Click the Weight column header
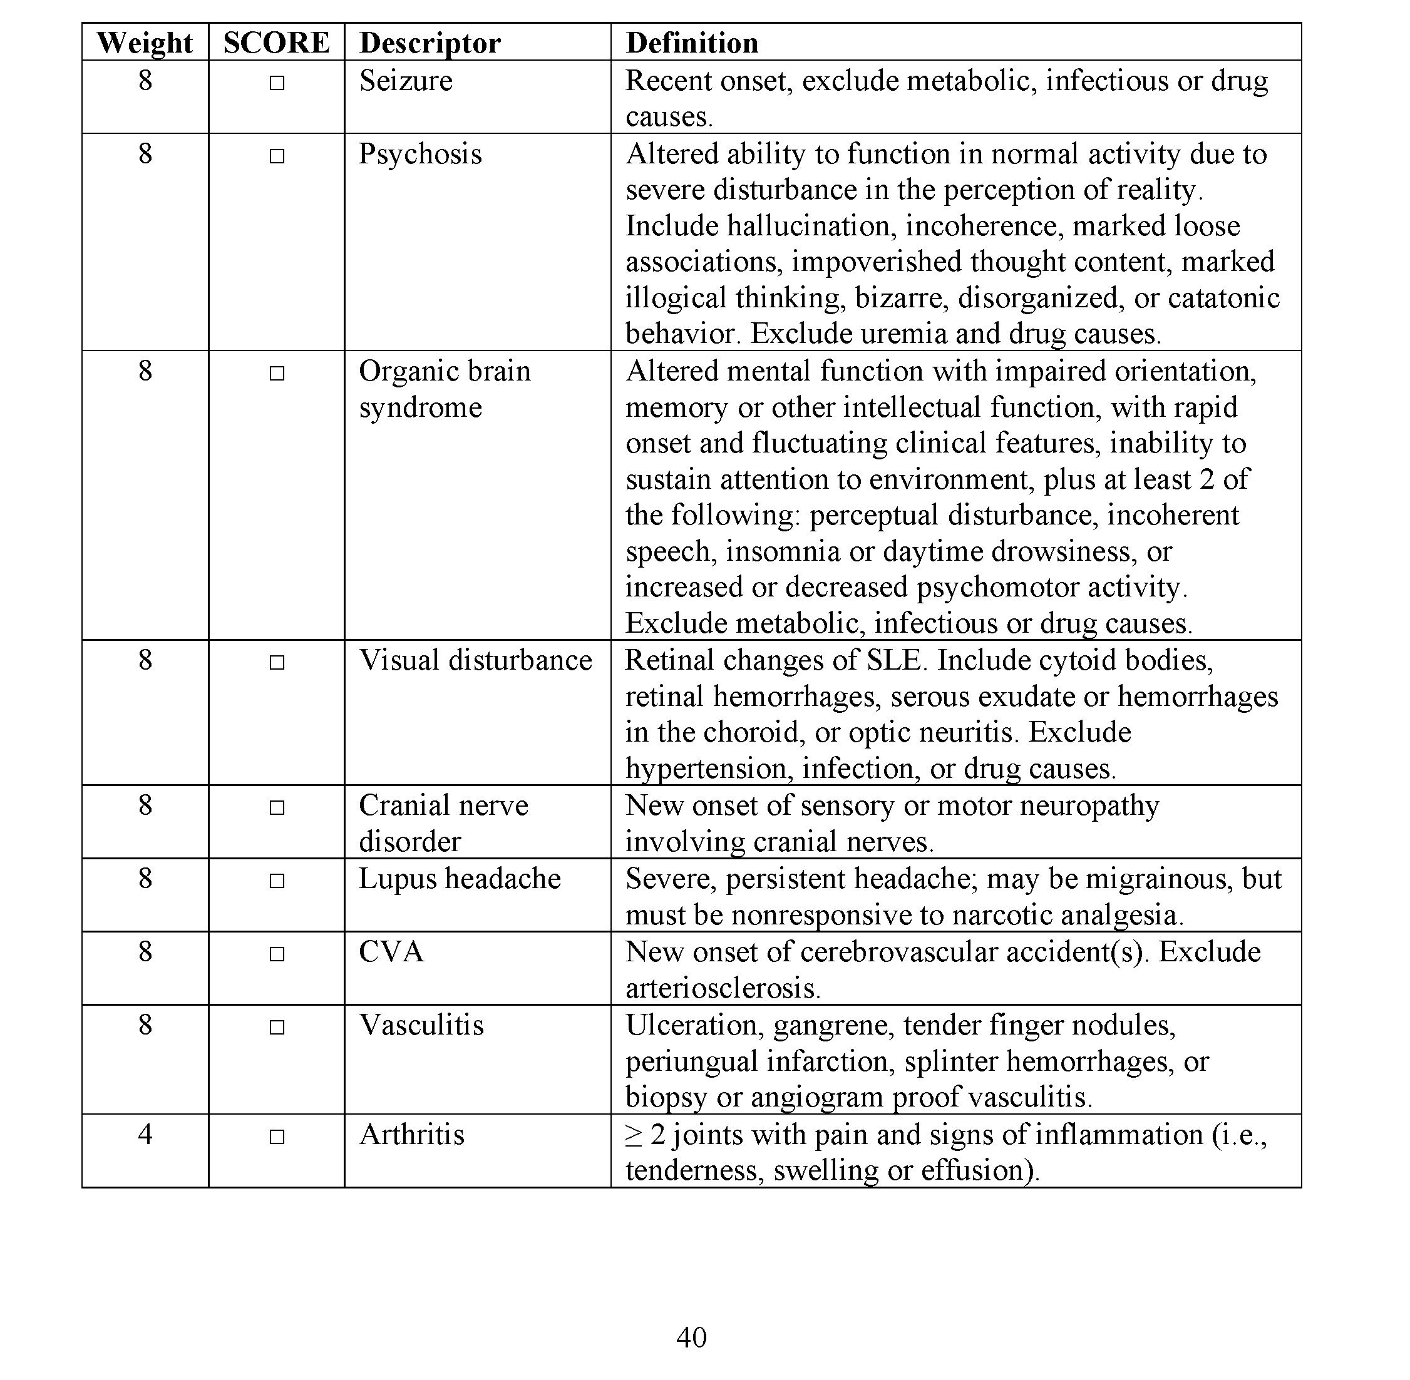[x=145, y=43]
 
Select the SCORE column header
[x=276, y=43]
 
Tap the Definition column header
[x=692, y=43]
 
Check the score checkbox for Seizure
[x=276, y=83]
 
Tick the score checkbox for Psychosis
[x=276, y=156]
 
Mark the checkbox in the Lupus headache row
[x=276, y=881]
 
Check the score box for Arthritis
[x=276, y=1137]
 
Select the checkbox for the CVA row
[x=276, y=954]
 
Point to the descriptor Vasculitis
[x=421, y=1026]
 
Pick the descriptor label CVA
[x=391, y=952]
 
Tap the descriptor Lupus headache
[x=460, y=879]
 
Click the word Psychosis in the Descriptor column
[x=419, y=155]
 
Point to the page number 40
[x=691, y=1337]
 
